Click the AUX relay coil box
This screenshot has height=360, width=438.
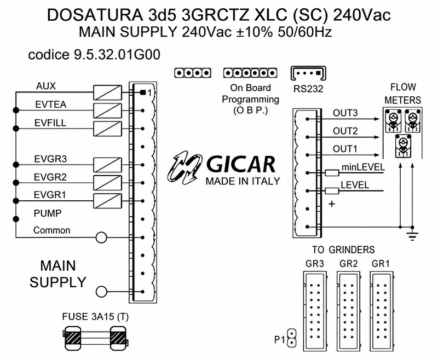107,92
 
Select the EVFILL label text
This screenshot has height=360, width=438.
50,123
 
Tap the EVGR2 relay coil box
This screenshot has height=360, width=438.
107,183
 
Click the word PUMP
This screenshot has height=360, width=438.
48,213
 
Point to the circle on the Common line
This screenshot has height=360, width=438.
101,238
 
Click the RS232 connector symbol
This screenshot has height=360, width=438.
308,73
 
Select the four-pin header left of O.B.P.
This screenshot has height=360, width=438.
193,73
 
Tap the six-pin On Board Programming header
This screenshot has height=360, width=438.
250,73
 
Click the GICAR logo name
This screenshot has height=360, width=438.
241,165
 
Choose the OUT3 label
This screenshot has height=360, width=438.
345,113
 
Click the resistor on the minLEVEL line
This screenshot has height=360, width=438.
332,173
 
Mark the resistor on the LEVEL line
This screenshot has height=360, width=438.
332,191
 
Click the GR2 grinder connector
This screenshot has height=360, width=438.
348,311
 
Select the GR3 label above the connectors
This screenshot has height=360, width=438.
314,264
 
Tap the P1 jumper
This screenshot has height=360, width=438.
292,338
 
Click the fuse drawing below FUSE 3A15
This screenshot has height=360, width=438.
96,338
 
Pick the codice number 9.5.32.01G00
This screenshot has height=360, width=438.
117,54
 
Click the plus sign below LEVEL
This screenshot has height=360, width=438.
332,204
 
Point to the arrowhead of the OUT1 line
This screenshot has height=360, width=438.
377,155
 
